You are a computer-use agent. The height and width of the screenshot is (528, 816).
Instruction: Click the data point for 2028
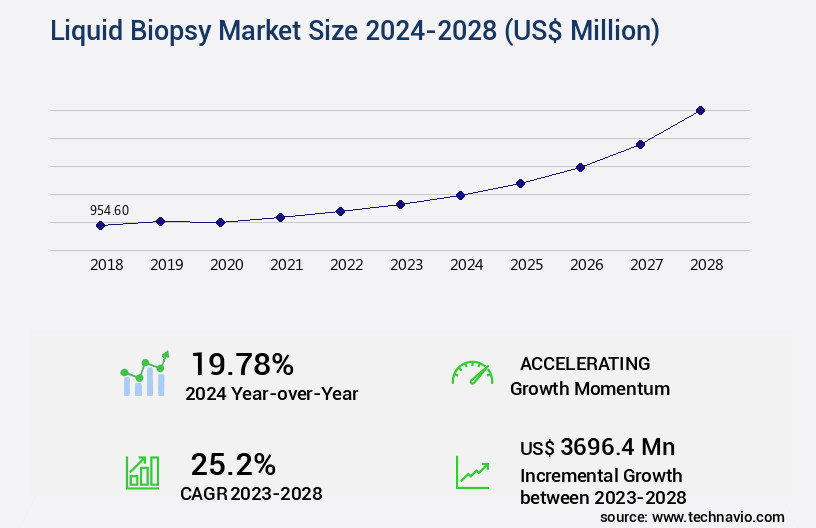pyautogui.click(x=700, y=110)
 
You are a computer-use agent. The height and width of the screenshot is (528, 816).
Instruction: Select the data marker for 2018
pyautogui.click(x=100, y=226)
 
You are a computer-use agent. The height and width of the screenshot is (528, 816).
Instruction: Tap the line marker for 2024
pyautogui.click(x=460, y=195)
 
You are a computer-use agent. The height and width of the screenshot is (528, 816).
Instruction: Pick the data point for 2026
pyautogui.click(x=580, y=167)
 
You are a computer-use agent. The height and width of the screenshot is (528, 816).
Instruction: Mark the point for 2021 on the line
pyautogui.click(x=280, y=217)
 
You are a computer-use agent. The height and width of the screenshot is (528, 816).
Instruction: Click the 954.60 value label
pyautogui.click(x=109, y=210)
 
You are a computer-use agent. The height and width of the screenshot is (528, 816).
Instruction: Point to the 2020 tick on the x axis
pyautogui.click(x=226, y=265)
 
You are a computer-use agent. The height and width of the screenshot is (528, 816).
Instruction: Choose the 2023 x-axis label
pyautogui.click(x=406, y=265)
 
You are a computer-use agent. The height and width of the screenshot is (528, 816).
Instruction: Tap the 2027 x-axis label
pyautogui.click(x=646, y=265)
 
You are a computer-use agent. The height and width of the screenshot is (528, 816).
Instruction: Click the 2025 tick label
pyautogui.click(x=526, y=265)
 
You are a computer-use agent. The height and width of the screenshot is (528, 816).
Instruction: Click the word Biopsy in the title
pyautogui.click(x=157, y=32)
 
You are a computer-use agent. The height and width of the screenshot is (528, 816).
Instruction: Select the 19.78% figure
pyautogui.click(x=242, y=364)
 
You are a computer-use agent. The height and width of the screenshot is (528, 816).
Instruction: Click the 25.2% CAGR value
pyautogui.click(x=233, y=464)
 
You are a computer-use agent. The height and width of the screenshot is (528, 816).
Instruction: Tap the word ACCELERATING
pyautogui.click(x=585, y=364)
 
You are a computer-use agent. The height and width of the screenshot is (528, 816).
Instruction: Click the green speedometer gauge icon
pyautogui.click(x=472, y=373)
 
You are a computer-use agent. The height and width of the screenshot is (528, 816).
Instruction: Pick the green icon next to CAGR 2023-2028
pyautogui.click(x=142, y=471)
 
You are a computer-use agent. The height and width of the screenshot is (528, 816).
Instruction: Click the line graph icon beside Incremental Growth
pyautogui.click(x=472, y=472)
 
